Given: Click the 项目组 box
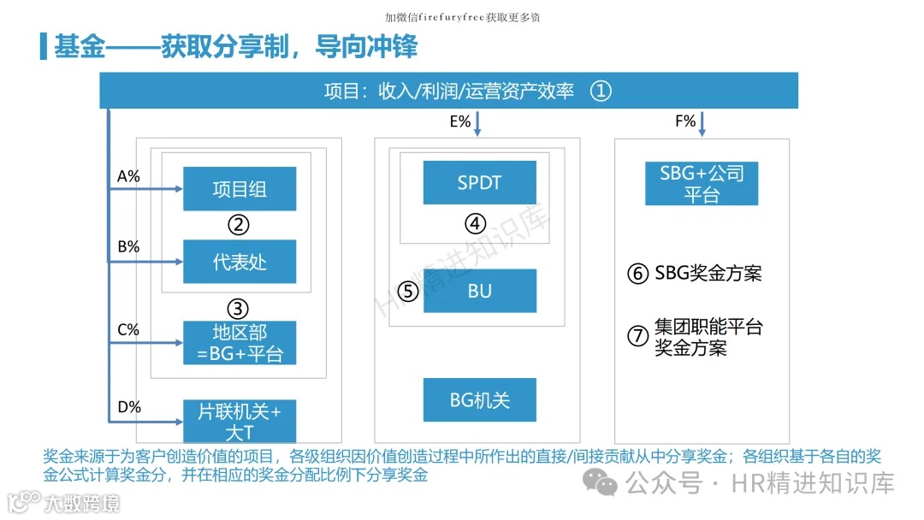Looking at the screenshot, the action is tap(240, 189).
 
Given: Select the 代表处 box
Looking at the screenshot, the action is tap(240, 262).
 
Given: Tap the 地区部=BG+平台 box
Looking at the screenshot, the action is tap(240, 343).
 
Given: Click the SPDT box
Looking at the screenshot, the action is tap(479, 182).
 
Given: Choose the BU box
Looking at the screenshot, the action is tap(479, 291).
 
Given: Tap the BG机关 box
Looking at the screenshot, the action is tap(479, 399).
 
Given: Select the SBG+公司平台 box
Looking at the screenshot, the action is tap(702, 184).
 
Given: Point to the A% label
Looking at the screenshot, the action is tap(128, 176).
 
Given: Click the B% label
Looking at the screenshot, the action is tap(128, 247).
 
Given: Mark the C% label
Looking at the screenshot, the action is tap(128, 329).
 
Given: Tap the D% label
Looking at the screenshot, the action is tap(129, 406).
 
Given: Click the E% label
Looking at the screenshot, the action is tap(460, 121).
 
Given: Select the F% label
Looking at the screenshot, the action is tap(685, 121).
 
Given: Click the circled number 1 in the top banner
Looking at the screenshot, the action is tap(601, 91).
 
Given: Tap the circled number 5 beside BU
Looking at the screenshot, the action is tap(408, 292).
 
